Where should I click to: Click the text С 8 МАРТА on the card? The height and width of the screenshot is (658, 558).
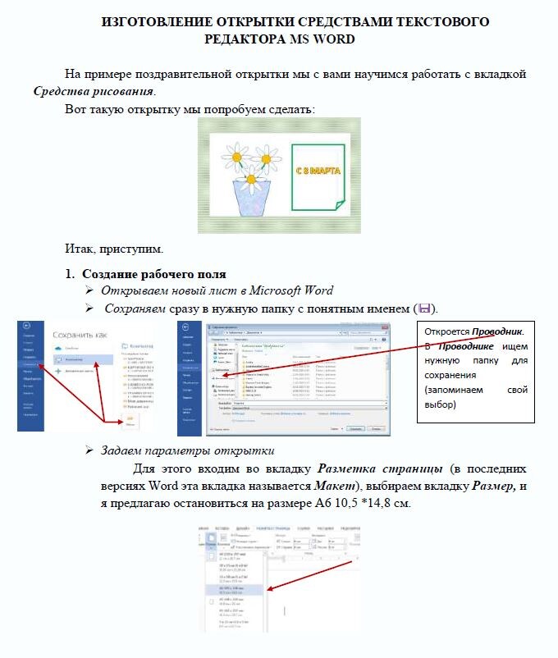tap(318, 171)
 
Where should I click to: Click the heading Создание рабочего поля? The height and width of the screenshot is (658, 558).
tap(153, 274)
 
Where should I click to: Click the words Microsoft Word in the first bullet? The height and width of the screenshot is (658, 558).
tap(292, 290)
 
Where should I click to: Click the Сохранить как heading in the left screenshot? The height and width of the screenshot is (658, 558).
tap(81, 335)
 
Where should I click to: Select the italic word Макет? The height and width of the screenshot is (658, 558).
tap(336, 487)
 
